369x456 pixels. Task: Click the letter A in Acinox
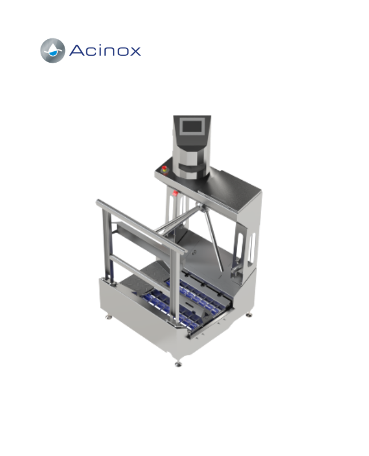[x=77, y=50]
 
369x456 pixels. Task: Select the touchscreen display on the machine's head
[x=192, y=127]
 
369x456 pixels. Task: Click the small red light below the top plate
[x=175, y=193]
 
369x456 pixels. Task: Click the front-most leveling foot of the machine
[x=178, y=364]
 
